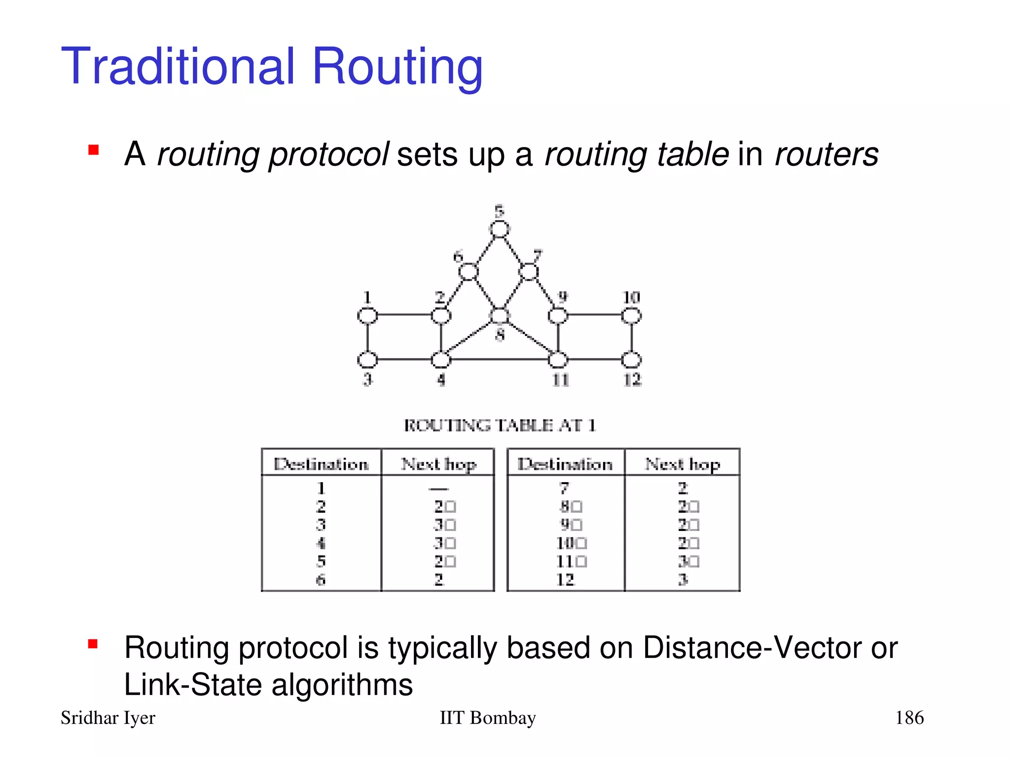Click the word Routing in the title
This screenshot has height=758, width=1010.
click(x=397, y=67)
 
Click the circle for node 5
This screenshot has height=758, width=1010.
click(x=499, y=229)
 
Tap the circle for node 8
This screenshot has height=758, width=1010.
click(x=500, y=316)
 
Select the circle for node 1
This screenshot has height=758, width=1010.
click(x=367, y=315)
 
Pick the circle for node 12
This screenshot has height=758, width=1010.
click(x=631, y=360)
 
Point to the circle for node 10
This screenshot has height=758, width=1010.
click(x=631, y=315)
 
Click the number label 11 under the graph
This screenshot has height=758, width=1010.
click(x=561, y=380)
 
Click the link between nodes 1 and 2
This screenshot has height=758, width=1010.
click(x=404, y=315)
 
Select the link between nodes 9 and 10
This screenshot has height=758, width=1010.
click(x=594, y=315)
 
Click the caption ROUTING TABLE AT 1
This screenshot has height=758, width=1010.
click(x=500, y=425)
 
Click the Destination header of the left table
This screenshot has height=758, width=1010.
click(x=321, y=464)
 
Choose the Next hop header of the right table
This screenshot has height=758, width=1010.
click(x=683, y=464)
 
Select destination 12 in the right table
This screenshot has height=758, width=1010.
click(x=565, y=579)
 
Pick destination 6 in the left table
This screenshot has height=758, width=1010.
click(x=321, y=579)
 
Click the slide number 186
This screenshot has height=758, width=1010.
click(x=909, y=718)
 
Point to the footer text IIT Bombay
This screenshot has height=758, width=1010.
click(x=487, y=718)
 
